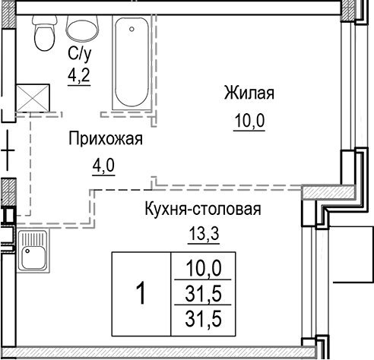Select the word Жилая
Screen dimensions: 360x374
point(249,94)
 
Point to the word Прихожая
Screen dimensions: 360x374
point(105,139)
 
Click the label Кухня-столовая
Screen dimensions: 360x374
point(203,210)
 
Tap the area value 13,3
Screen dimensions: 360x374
point(203,234)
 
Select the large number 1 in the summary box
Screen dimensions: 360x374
point(140,292)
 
